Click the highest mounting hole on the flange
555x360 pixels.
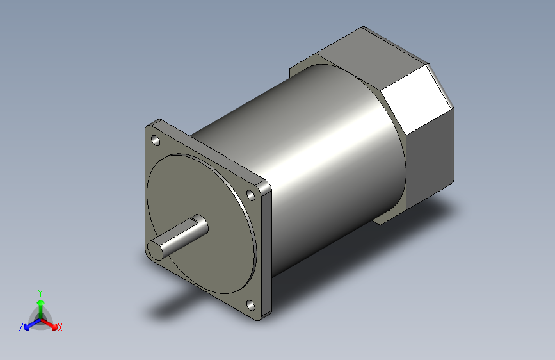[x=156, y=140]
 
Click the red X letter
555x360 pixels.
[x=60, y=327]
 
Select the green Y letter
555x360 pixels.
[x=40, y=291]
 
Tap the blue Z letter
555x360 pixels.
[x=21, y=327]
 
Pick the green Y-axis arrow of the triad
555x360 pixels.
[x=40, y=304]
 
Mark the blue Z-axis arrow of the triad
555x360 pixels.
[x=29, y=324]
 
